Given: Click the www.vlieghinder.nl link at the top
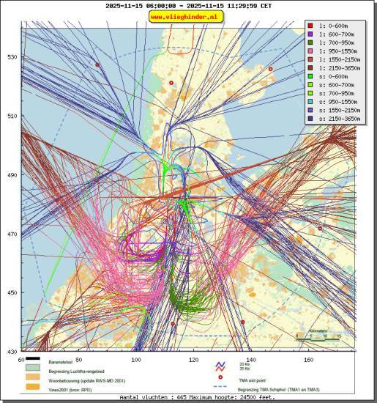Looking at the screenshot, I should [187, 16].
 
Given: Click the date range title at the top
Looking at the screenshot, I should [188, 6].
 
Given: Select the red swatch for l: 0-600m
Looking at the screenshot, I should [311, 25].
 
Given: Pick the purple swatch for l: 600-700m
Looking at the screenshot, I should [311, 34].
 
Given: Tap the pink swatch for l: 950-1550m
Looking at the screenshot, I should [311, 52].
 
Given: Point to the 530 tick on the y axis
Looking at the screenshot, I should [12, 57].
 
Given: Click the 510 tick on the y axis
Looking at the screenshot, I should [12, 116].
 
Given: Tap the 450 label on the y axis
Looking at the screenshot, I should [12, 292].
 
